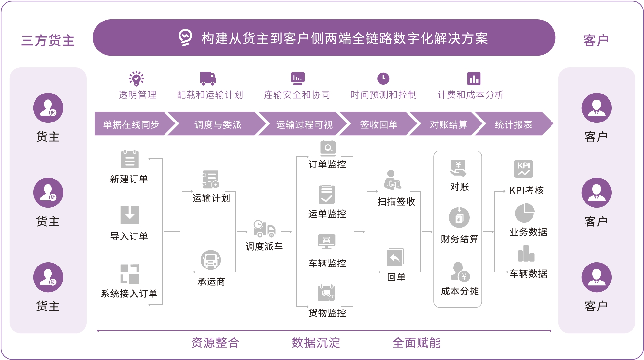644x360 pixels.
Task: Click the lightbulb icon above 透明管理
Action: coord(136,79)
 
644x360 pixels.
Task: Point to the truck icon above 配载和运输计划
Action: coord(208,79)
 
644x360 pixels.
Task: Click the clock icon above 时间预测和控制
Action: coord(383,79)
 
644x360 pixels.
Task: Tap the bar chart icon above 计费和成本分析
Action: coord(474,79)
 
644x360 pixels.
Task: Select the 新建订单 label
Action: coord(129,179)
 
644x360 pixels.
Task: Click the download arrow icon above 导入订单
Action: coord(130,215)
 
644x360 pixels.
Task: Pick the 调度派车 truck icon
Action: coord(265,228)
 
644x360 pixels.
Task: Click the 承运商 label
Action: coord(211,281)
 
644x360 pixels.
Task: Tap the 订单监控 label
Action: coord(327,165)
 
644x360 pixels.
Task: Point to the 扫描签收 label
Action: coord(396,202)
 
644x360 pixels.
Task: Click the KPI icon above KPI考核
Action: coord(523,169)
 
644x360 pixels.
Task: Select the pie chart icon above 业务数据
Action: coord(524,213)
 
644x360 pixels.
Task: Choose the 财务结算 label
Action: coord(460,239)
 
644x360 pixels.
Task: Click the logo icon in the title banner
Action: coord(185,37)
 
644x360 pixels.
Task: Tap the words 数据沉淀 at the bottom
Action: coord(316,343)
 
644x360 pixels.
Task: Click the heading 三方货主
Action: coord(48,40)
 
